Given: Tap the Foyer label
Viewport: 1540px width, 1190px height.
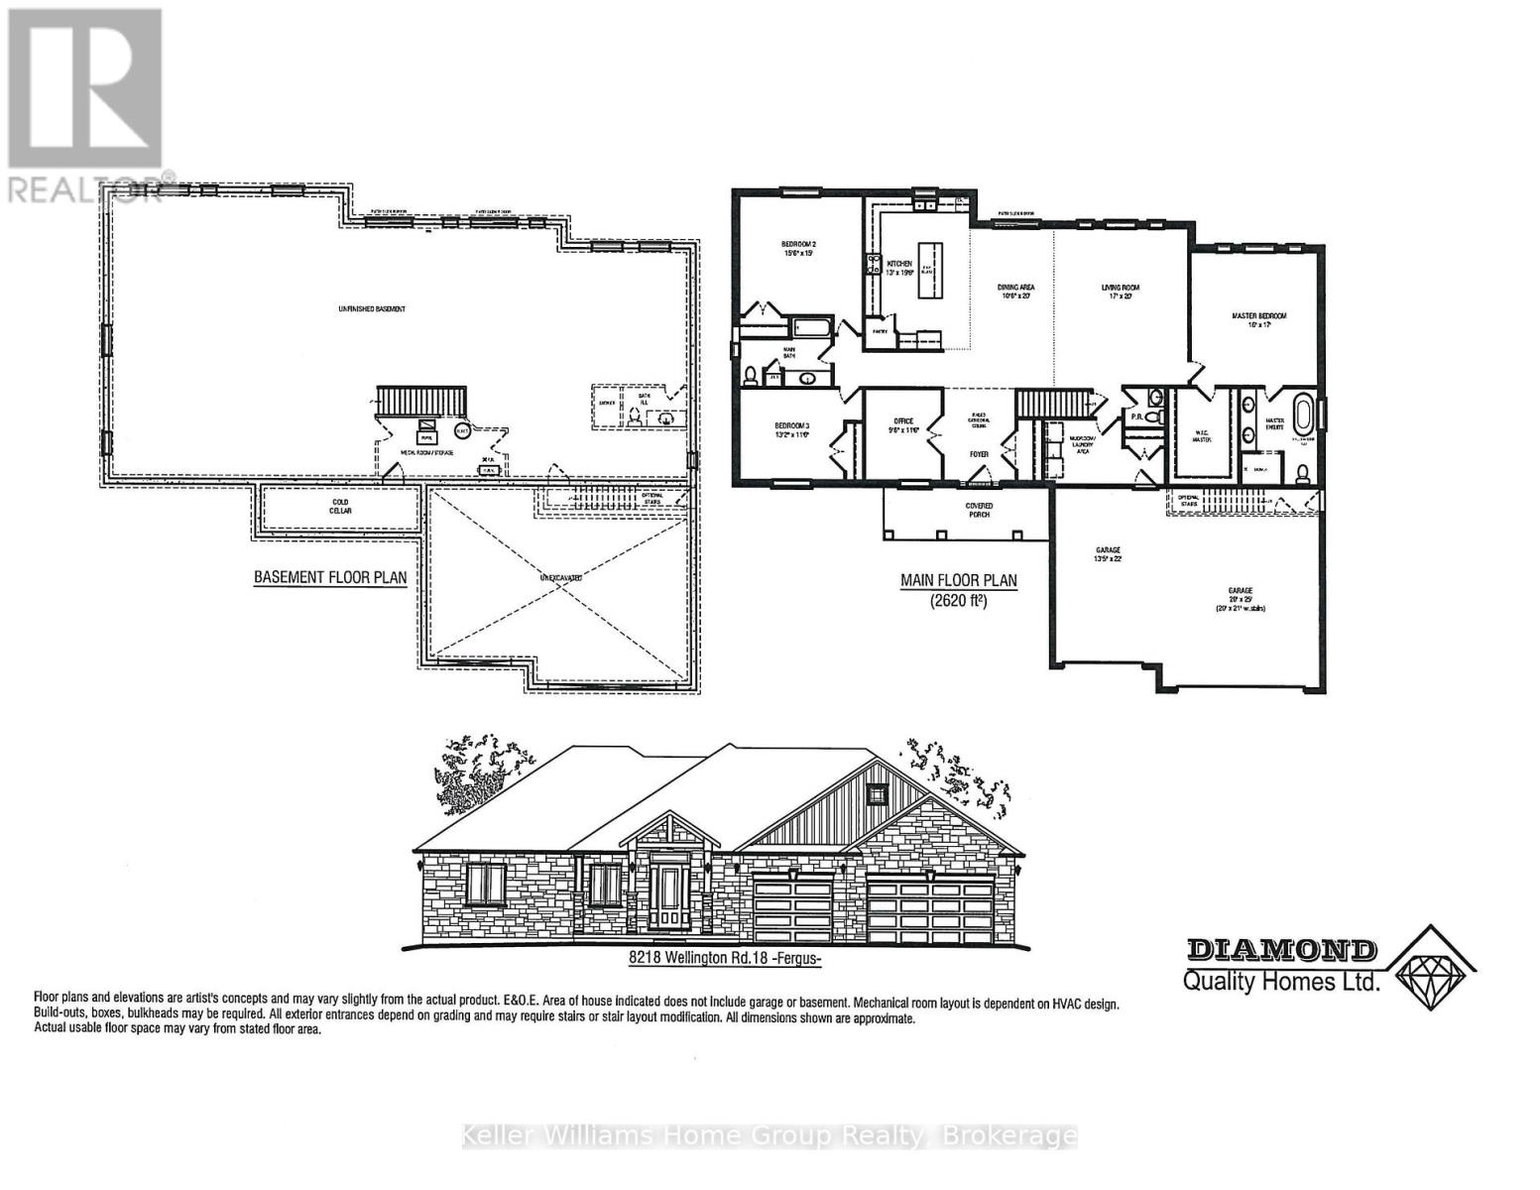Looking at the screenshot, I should click(979, 454).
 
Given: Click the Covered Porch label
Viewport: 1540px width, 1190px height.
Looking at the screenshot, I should click(979, 511).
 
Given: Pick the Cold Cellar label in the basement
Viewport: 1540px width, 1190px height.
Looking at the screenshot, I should click(340, 506).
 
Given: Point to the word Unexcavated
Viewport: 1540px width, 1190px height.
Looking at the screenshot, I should click(560, 576).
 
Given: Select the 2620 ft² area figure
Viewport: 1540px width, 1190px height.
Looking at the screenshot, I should click(958, 601).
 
